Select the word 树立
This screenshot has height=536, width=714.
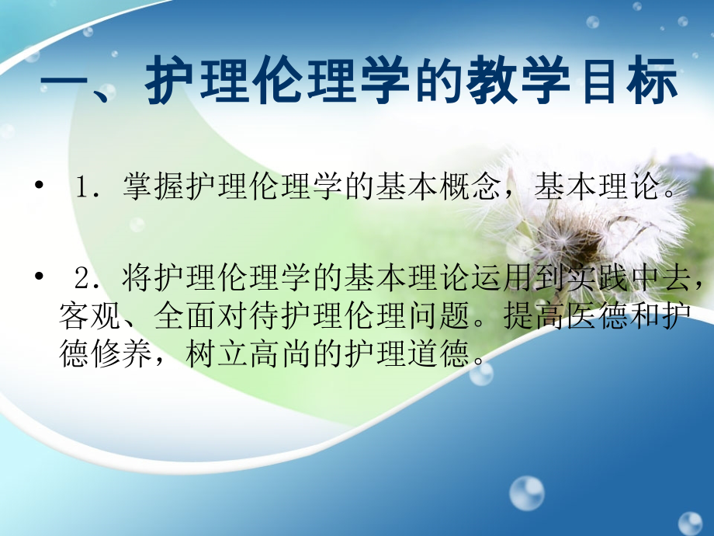(x=217, y=354)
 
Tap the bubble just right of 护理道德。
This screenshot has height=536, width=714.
(x=480, y=374)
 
